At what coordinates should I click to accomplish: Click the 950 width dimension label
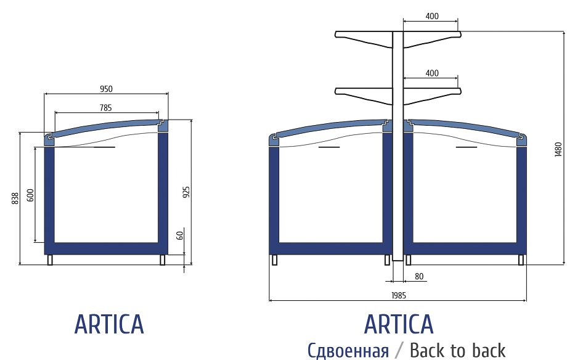pos(106,89)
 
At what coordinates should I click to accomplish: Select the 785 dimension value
pos(105,108)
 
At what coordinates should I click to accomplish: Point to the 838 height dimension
pos(15,198)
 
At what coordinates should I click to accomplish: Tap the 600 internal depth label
pos(30,195)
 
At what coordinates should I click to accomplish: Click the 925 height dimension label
pos(186,192)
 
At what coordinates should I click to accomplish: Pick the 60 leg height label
pos(180,235)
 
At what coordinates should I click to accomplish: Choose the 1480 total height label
pos(558,150)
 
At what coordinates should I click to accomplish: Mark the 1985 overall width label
pos(399,296)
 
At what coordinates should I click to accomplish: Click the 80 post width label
pos(419,276)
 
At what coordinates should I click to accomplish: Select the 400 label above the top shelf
pos(432,17)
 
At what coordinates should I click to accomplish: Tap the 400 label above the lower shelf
pos(432,73)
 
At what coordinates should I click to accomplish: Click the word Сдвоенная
pos(348,351)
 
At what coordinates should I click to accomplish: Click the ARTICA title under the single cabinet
pos(109,325)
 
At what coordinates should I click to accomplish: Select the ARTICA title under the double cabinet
pos(399,325)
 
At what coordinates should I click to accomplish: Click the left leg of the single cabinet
pos(50,260)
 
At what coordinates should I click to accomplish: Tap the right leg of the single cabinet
pos(162,260)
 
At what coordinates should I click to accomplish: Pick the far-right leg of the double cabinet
pos(521,260)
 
